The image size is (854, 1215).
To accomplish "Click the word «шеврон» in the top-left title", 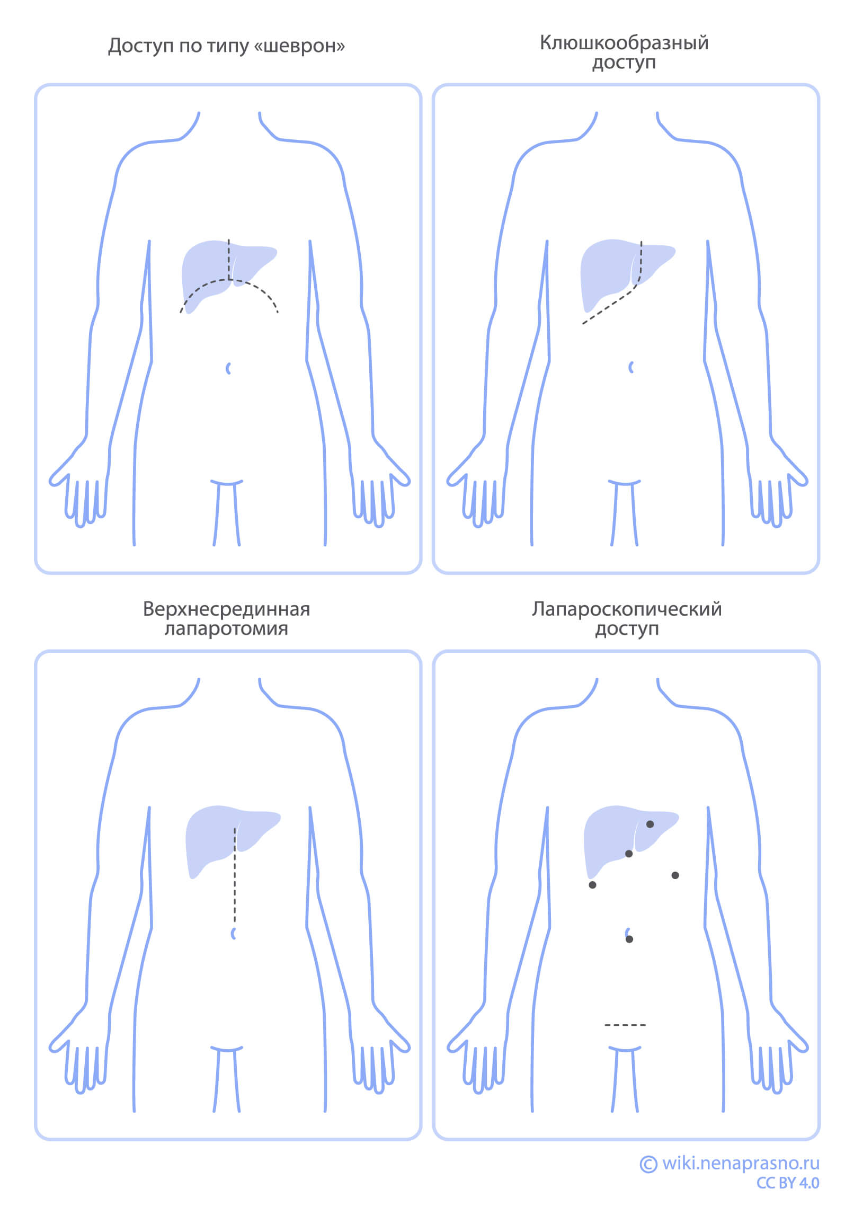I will pos(300,46).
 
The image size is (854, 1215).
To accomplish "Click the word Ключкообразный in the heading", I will pos(624,43).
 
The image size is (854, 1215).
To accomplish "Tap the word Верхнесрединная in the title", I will pos(226,609).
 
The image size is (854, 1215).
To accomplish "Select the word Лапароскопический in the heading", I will pos(626,609).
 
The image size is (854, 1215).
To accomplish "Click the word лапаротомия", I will pos(226,629).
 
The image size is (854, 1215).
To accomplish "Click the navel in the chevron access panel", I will pos(228,368).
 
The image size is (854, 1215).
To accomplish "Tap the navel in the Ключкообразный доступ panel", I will pos(631,367).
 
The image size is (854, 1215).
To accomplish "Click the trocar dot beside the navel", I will pos(629,939).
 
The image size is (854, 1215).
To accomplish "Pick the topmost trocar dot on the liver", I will pos(650,824).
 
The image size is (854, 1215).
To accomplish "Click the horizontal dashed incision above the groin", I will pos(625,1025).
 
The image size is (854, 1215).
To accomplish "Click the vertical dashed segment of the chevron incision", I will pos(229,260).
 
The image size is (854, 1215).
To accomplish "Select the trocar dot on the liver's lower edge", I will pos(629,853).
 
